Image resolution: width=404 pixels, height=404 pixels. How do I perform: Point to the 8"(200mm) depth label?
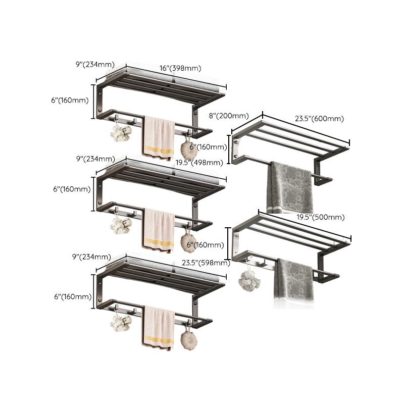[226, 116]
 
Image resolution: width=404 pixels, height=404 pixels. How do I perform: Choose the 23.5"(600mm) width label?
[319, 119]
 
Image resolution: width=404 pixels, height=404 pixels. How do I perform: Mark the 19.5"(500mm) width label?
[320, 217]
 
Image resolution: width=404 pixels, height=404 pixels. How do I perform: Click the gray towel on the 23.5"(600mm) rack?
[291, 187]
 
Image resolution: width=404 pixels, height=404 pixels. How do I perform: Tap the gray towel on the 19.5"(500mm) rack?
[295, 283]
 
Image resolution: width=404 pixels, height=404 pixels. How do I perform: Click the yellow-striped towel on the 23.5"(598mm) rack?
[158, 328]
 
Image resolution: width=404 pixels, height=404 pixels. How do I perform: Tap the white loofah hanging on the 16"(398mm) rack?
[120, 134]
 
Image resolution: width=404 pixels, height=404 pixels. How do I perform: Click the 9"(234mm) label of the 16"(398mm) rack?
[94, 64]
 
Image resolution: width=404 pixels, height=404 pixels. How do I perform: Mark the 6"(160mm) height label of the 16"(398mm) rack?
[71, 100]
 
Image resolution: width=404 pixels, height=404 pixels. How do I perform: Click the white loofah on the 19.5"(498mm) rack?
[120, 225]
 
